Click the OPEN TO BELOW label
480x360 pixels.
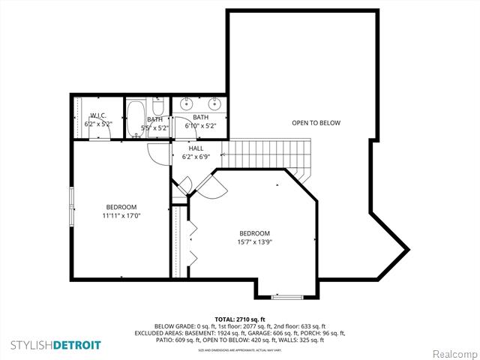[316, 123]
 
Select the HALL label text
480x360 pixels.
[196, 148]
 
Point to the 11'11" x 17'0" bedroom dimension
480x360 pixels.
[121, 215]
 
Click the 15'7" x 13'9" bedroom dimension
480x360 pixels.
[255, 241]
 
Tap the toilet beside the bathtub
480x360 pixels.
[157, 103]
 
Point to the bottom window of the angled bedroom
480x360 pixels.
[286, 297]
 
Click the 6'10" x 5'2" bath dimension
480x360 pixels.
[200, 126]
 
